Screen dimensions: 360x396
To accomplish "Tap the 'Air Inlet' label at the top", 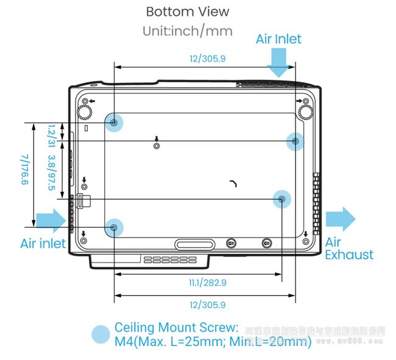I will coord(278,39).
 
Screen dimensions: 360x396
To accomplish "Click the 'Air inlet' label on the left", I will coord(43,244).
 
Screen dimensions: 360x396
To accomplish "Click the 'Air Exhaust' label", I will coord(348,249).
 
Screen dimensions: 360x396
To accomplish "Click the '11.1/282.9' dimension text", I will coord(208,282).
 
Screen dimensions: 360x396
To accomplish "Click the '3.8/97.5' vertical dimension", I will coord(52,172).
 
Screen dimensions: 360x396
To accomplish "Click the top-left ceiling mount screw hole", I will coord(115,122).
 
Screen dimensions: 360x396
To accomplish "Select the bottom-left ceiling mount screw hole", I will coord(115,227).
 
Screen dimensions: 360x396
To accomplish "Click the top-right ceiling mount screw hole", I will coord(295,141).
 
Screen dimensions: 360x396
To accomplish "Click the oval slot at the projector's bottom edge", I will coord(195,244).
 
